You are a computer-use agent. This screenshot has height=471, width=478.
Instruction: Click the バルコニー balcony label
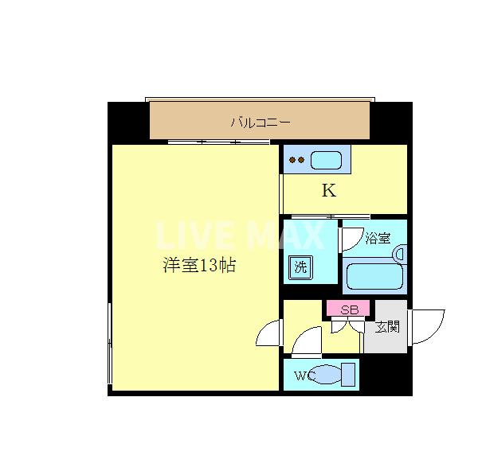(x=261, y=123)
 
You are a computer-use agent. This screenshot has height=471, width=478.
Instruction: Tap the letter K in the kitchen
(x=328, y=191)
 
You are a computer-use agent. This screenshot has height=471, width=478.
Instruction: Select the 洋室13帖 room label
(x=199, y=267)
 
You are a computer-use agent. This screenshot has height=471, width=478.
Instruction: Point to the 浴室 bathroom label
(x=378, y=237)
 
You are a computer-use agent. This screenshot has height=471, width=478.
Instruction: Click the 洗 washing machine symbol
(x=300, y=267)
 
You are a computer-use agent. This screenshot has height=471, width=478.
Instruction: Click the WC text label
(x=305, y=376)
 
